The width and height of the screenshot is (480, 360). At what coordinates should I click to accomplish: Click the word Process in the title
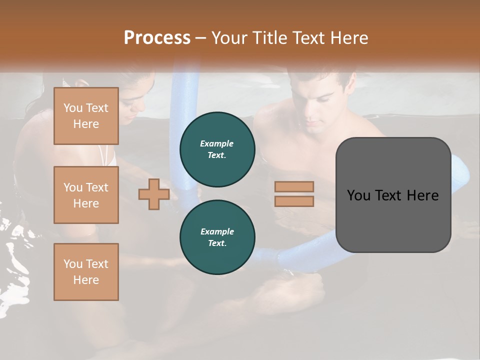click(x=157, y=37)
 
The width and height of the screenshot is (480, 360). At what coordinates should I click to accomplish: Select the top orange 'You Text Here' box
click(x=86, y=116)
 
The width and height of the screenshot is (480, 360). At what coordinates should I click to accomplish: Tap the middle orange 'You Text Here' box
click(x=86, y=195)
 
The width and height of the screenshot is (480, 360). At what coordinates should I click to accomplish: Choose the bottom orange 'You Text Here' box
click(x=86, y=272)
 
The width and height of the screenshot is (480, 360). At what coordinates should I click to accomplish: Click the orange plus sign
click(x=153, y=195)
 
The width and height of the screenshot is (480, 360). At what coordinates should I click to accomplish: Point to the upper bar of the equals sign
click(x=294, y=186)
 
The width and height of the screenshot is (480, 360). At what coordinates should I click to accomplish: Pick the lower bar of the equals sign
click(x=294, y=201)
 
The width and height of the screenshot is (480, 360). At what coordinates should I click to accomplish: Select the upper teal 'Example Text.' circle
click(x=217, y=149)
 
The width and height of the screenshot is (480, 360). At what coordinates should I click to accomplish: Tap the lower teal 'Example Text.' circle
click(x=217, y=237)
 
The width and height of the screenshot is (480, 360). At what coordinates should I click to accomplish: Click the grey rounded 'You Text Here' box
click(x=393, y=195)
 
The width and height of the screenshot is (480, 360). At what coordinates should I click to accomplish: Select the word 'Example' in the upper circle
click(x=217, y=143)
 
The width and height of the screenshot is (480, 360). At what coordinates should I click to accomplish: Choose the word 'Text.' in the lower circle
click(x=217, y=243)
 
